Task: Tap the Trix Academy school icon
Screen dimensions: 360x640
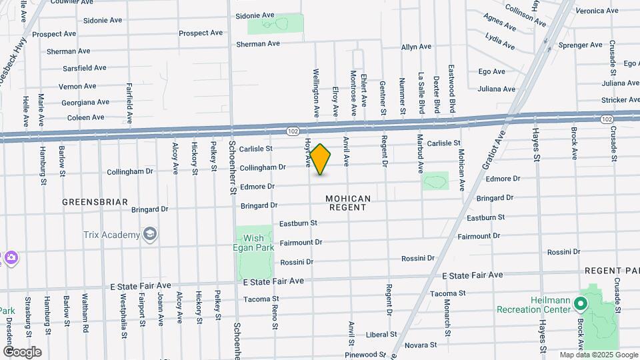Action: [151, 234]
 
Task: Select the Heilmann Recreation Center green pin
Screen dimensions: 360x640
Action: [580, 304]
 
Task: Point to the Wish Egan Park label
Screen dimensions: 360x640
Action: [253, 243]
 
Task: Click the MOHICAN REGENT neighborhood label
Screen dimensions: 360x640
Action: [347, 203]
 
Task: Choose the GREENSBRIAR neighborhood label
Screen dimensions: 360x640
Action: [94, 202]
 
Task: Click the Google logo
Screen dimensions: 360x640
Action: [21, 352]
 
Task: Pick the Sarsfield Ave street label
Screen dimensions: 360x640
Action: [84, 68]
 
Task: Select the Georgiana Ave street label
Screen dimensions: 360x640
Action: [85, 103]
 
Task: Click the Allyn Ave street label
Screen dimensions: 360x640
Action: [417, 47]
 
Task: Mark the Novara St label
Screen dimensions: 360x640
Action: [421, 345]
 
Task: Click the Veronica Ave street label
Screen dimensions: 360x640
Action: [597, 11]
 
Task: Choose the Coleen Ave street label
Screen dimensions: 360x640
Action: [85, 117]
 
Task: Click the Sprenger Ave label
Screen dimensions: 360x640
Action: [562, 46]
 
